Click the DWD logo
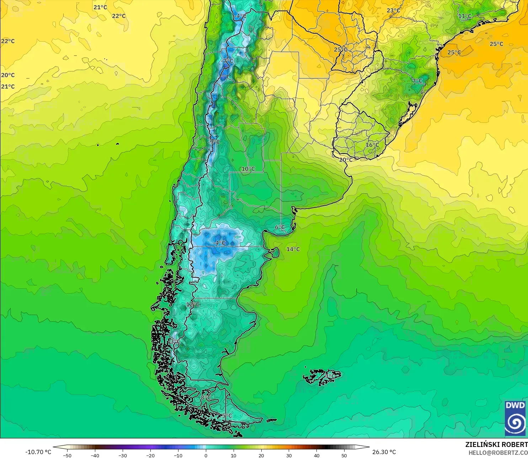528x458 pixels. (x=515, y=418)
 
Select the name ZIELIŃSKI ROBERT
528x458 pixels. (x=496, y=444)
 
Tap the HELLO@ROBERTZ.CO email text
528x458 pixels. (x=498, y=453)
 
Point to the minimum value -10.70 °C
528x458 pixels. (x=38, y=452)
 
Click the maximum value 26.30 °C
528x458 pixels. (x=384, y=452)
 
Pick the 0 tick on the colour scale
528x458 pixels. (x=206, y=455)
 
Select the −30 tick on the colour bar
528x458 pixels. (x=122, y=455)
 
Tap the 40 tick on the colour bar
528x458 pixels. (x=316, y=455)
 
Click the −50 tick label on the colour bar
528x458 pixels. (x=67, y=455)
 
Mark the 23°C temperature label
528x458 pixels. (x=393, y=10)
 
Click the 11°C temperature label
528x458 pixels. (x=464, y=16)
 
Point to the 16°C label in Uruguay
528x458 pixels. (x=372, y=145)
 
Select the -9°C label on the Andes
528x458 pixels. (x=214, y=142)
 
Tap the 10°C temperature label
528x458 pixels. (x=248, y=169)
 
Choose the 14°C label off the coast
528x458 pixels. (x=293, y=249)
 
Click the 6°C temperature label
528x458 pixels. (x=280, y=227)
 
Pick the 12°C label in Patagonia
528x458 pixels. (x=193, y=304)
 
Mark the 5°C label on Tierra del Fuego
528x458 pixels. (x=227, y=415)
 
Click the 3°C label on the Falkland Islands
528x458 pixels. (x=330, y=376)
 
